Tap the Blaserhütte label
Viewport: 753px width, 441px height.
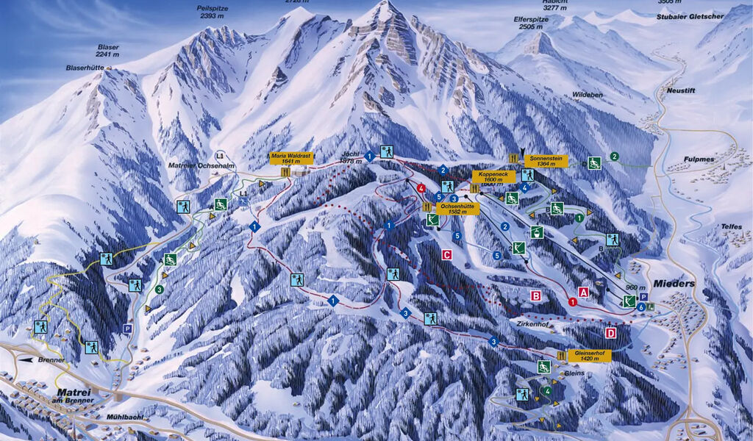click(x=84, y=68)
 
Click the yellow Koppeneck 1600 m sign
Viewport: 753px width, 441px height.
click(x=493, y=176)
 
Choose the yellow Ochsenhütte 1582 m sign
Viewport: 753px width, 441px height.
click(x=459, y=209)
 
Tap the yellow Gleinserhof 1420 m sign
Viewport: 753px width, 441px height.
click(x=589, y=356)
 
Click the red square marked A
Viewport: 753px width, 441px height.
click(x=584, y=292)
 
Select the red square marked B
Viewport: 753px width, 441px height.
click(x=536, y=295)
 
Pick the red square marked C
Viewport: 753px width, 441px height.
click(x=446, y=255)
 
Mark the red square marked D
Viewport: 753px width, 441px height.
click(x=610, y=333)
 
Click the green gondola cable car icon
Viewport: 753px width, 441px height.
click(x=538, y=232)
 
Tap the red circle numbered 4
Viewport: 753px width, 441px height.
click(x=421, y=189)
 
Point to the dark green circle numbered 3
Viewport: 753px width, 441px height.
click(x=159, y=290)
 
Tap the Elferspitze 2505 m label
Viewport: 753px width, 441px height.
click(x=532, y=24)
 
